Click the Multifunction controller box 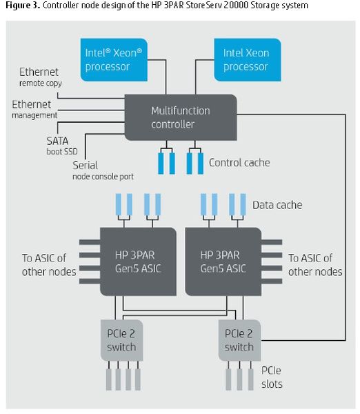point(181,117)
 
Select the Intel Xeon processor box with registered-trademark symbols point(114,59)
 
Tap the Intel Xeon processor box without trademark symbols point(248,59)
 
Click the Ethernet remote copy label point(41,77)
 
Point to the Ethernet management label point(34,109)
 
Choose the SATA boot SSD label point(62,146)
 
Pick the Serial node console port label point(103,170)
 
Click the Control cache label point(239,163)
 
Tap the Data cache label point(277,205)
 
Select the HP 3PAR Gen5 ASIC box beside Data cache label point(223,262)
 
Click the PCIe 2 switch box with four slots point(121,340)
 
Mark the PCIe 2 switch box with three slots point(239,340)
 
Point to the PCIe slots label point(272,377)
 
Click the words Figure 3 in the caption point(23,5)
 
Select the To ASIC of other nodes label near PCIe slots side point(315,265)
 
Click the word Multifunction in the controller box point(181,110)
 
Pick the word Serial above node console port point(86,166)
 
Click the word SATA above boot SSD point(57,141)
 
